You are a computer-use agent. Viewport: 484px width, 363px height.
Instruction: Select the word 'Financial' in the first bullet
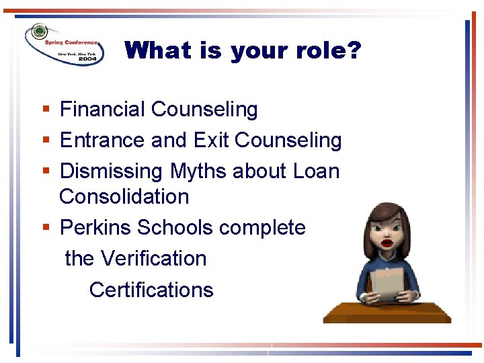(103, 110)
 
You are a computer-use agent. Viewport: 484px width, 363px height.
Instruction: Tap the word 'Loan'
(316, 171)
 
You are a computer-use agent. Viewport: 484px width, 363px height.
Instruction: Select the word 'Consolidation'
(124, 197)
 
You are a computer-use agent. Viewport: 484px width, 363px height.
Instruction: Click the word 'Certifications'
(151, 290)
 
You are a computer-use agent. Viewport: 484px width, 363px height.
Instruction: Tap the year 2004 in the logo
(88, 59)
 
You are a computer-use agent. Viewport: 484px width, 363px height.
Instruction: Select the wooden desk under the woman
(387, 312)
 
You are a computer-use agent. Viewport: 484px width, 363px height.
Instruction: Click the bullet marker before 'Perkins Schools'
(45, 229)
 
